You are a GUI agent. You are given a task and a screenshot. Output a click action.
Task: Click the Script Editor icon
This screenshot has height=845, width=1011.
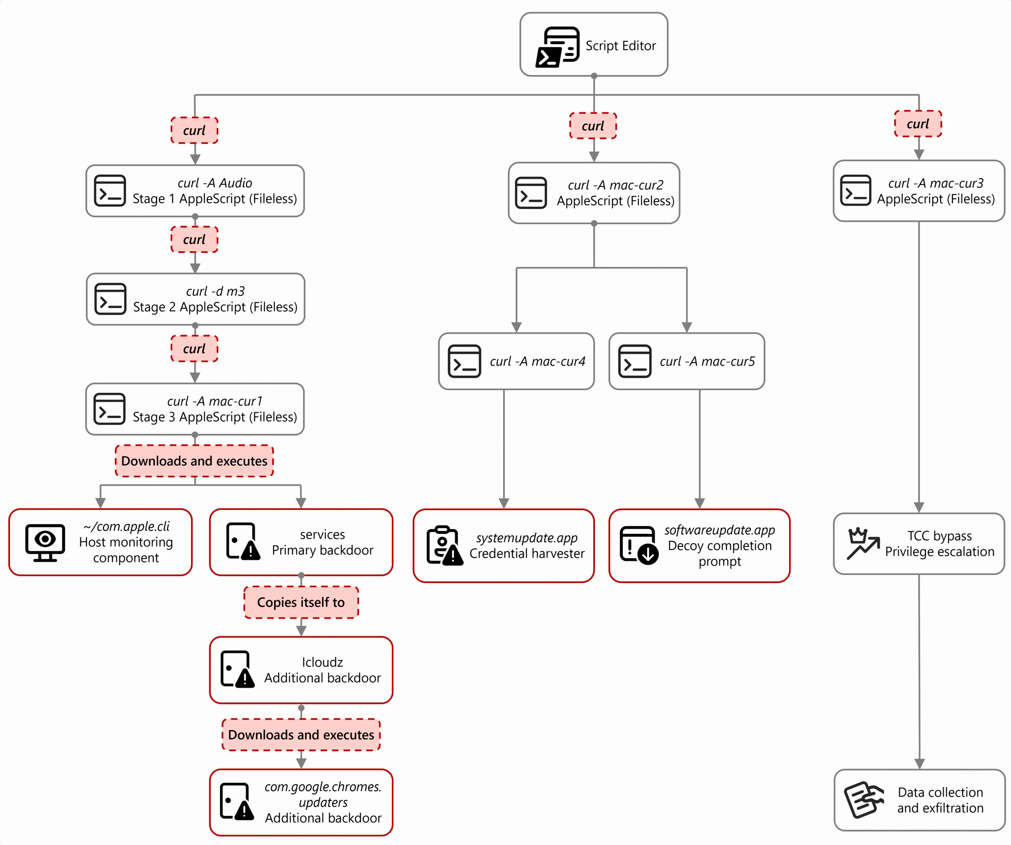[558, 47]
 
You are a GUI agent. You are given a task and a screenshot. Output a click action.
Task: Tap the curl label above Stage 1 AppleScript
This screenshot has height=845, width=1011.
[194, 130]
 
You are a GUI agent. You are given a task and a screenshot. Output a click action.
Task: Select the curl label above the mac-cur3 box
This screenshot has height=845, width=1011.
[918, 124]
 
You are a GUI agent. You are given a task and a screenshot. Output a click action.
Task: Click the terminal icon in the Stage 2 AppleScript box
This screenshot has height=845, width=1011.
[110, 299]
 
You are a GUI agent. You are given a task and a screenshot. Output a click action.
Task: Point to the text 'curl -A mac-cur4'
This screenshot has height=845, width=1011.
[537, 361]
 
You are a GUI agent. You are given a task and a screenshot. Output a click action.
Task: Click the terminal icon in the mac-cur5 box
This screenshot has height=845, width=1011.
[635, 361]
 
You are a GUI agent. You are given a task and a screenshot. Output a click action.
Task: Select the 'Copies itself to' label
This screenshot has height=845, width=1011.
[301, 602]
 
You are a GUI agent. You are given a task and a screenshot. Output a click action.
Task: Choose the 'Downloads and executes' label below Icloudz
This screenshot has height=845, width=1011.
[301, 735]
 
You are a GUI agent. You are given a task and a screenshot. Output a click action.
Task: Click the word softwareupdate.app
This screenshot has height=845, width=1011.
[720, 530]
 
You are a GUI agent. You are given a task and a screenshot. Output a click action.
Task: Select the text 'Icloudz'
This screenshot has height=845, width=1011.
[323, 662]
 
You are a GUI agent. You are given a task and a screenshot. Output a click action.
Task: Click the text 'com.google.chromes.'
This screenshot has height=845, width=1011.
[323, 787]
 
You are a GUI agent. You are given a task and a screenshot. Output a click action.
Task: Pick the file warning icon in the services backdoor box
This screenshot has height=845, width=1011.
[242, 542]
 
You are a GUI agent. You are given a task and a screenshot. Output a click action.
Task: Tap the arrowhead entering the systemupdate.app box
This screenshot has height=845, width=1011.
[504, 504]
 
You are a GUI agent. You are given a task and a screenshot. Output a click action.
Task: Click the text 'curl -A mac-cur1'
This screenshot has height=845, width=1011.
[215, 401]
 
